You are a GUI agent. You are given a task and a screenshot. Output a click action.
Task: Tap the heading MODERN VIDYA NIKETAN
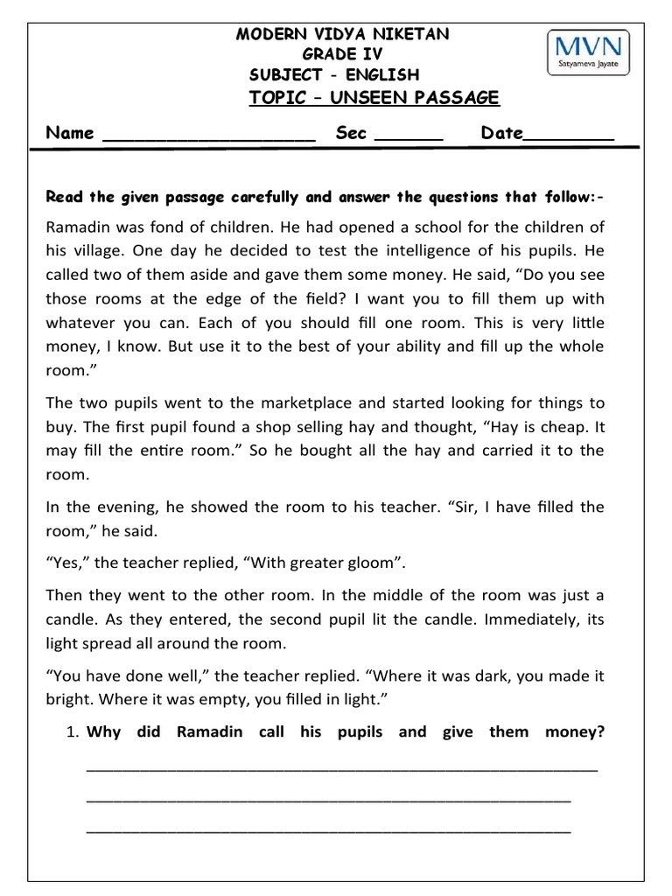click(x=344, y=34)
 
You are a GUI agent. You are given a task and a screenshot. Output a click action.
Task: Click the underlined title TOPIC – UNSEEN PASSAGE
click(x=374, y=97)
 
